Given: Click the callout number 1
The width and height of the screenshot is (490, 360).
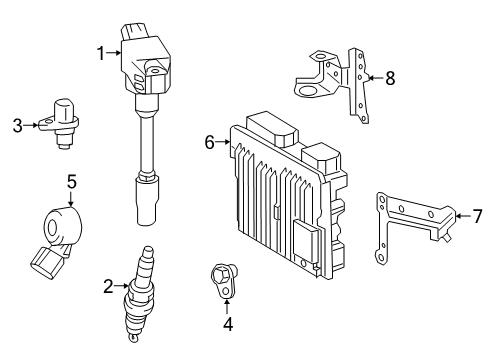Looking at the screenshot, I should (x=102, y=53).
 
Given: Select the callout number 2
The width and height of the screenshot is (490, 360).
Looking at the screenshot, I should (x=106, y=286).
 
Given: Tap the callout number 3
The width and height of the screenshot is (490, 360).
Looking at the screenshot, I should (x=17, y=125).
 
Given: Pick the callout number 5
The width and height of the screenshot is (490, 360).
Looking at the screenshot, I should (x=71, y=181).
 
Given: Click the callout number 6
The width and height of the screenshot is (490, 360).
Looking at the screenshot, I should (x=211, y=143).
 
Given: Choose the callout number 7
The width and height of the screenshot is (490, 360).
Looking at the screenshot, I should (x=477, y=213).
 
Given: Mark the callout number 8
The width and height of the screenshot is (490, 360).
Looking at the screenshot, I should (x=390, y=75).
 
